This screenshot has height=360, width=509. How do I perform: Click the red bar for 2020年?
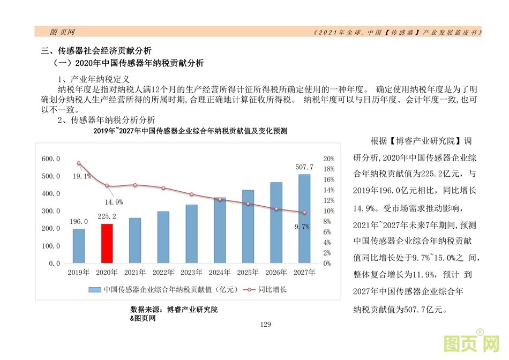[107, 244]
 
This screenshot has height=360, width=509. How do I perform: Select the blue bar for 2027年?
[304, 219]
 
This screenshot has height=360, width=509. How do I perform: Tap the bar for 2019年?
[79, 246]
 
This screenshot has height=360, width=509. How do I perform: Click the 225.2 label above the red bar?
[107, 217]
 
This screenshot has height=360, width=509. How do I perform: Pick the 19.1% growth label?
[81, 176]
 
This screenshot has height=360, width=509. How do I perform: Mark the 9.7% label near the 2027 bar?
[302, 227]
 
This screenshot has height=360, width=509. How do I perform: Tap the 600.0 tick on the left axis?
[51, 159]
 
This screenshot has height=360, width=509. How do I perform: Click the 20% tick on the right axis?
[329, 159]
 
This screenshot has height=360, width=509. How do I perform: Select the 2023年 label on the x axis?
[191, 272]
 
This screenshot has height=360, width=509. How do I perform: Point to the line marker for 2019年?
[79, 163]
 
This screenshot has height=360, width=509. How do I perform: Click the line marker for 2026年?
[276, 209]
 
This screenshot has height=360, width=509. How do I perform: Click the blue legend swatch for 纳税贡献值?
[95, 289]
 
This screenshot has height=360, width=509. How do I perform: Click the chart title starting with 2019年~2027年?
[190, 131]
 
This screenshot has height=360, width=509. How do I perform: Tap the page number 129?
[266, 325]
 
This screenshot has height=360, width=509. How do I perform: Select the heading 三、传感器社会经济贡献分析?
[96, 51]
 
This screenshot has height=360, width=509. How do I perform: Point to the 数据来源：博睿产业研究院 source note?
[174, 310]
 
